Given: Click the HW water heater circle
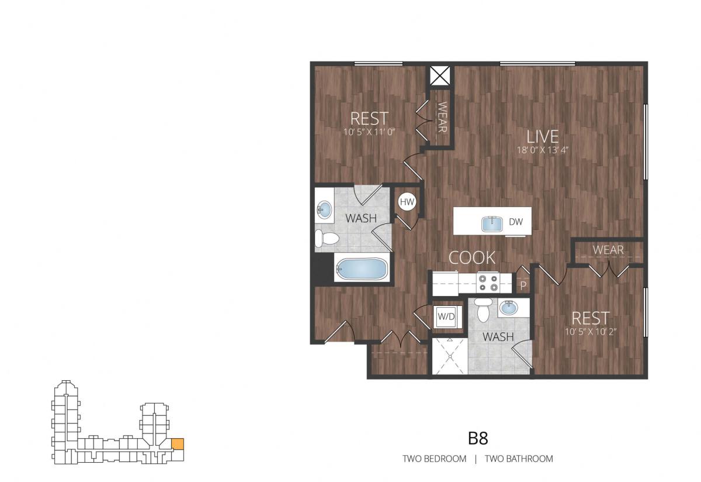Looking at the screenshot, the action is [407, 202].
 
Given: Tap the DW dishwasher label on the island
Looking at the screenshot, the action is [516, 222].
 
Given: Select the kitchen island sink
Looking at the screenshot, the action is [492, 224].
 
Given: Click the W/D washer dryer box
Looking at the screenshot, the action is [446, 316].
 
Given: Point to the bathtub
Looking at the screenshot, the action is [361, 269].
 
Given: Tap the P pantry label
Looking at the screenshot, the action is [523, 285].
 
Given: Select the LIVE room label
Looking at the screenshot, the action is [542, 137].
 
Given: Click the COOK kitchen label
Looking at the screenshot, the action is [472, 257].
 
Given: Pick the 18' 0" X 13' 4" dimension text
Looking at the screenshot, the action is [542, 150].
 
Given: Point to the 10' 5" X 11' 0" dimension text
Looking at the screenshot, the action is [369, 132].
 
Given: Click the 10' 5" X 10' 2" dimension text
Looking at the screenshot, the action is [591, 332].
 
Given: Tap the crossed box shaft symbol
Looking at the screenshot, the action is [440, 75].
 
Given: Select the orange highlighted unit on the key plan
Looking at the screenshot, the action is [178, 444].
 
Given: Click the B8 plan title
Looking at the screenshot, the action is [478, 439].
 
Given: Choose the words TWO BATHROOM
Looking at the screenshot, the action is [519, 459].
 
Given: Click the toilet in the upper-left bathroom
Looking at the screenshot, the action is [327, 239].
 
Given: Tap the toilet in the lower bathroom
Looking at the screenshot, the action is [483, 309].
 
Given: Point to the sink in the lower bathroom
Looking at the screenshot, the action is [509, 308].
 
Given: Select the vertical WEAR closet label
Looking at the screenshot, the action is [442, 117].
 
